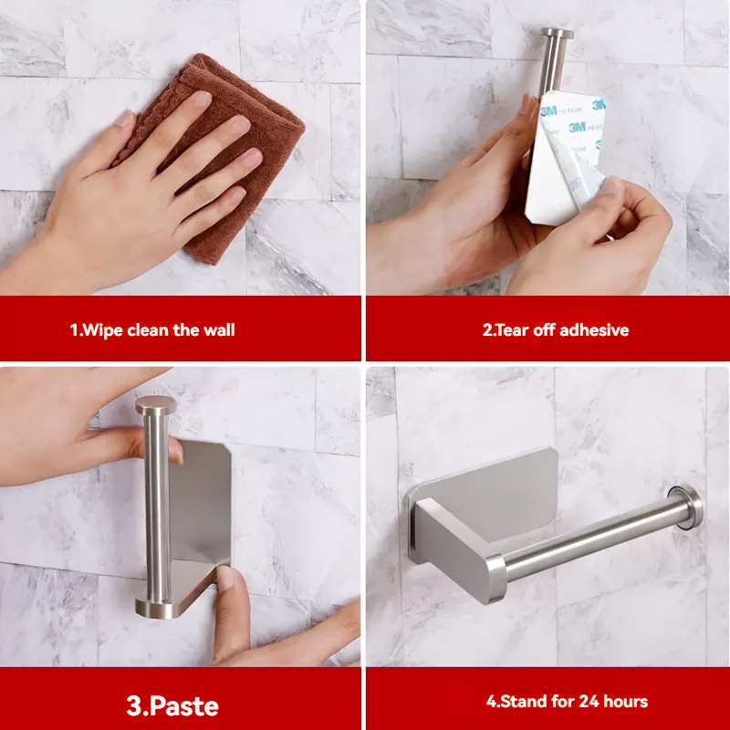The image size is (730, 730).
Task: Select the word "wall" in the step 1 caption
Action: point(219,330)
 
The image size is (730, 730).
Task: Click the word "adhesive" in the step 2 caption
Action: point(595,330)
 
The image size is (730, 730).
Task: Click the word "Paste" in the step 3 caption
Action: point(185,706)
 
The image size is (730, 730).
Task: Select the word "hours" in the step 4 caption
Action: point(625,701)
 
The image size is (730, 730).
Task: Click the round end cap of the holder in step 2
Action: point(557,34)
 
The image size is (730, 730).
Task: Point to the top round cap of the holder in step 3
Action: point(154,405)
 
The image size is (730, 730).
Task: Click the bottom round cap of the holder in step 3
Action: point(153,609)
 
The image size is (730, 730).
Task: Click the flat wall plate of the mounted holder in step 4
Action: point(485,506)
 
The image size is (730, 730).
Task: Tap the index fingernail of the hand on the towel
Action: point(202,99)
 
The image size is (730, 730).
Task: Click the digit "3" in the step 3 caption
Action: point(134,706)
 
